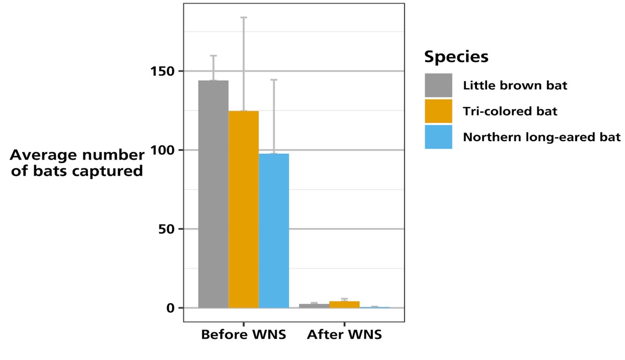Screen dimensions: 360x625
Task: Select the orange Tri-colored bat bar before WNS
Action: coord(243,209)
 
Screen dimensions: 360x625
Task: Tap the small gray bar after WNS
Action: coord(314,305)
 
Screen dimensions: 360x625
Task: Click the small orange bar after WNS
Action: coord(344,304)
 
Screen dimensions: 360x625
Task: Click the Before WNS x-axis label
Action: coord(243,334)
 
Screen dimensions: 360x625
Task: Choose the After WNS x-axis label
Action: coord(344,334)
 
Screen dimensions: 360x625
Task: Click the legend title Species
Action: coord(456,56)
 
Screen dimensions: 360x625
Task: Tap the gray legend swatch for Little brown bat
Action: coord(438,85)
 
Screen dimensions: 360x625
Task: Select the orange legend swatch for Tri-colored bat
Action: coord(438,111)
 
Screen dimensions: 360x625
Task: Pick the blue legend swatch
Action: coord(438,137)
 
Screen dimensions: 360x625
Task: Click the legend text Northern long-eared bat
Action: coord(542,138)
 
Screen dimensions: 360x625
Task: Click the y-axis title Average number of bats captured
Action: coord(77,163)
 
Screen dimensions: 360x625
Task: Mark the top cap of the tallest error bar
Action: coord(243,17)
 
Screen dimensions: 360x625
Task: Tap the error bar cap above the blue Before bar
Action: coord(273,80)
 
